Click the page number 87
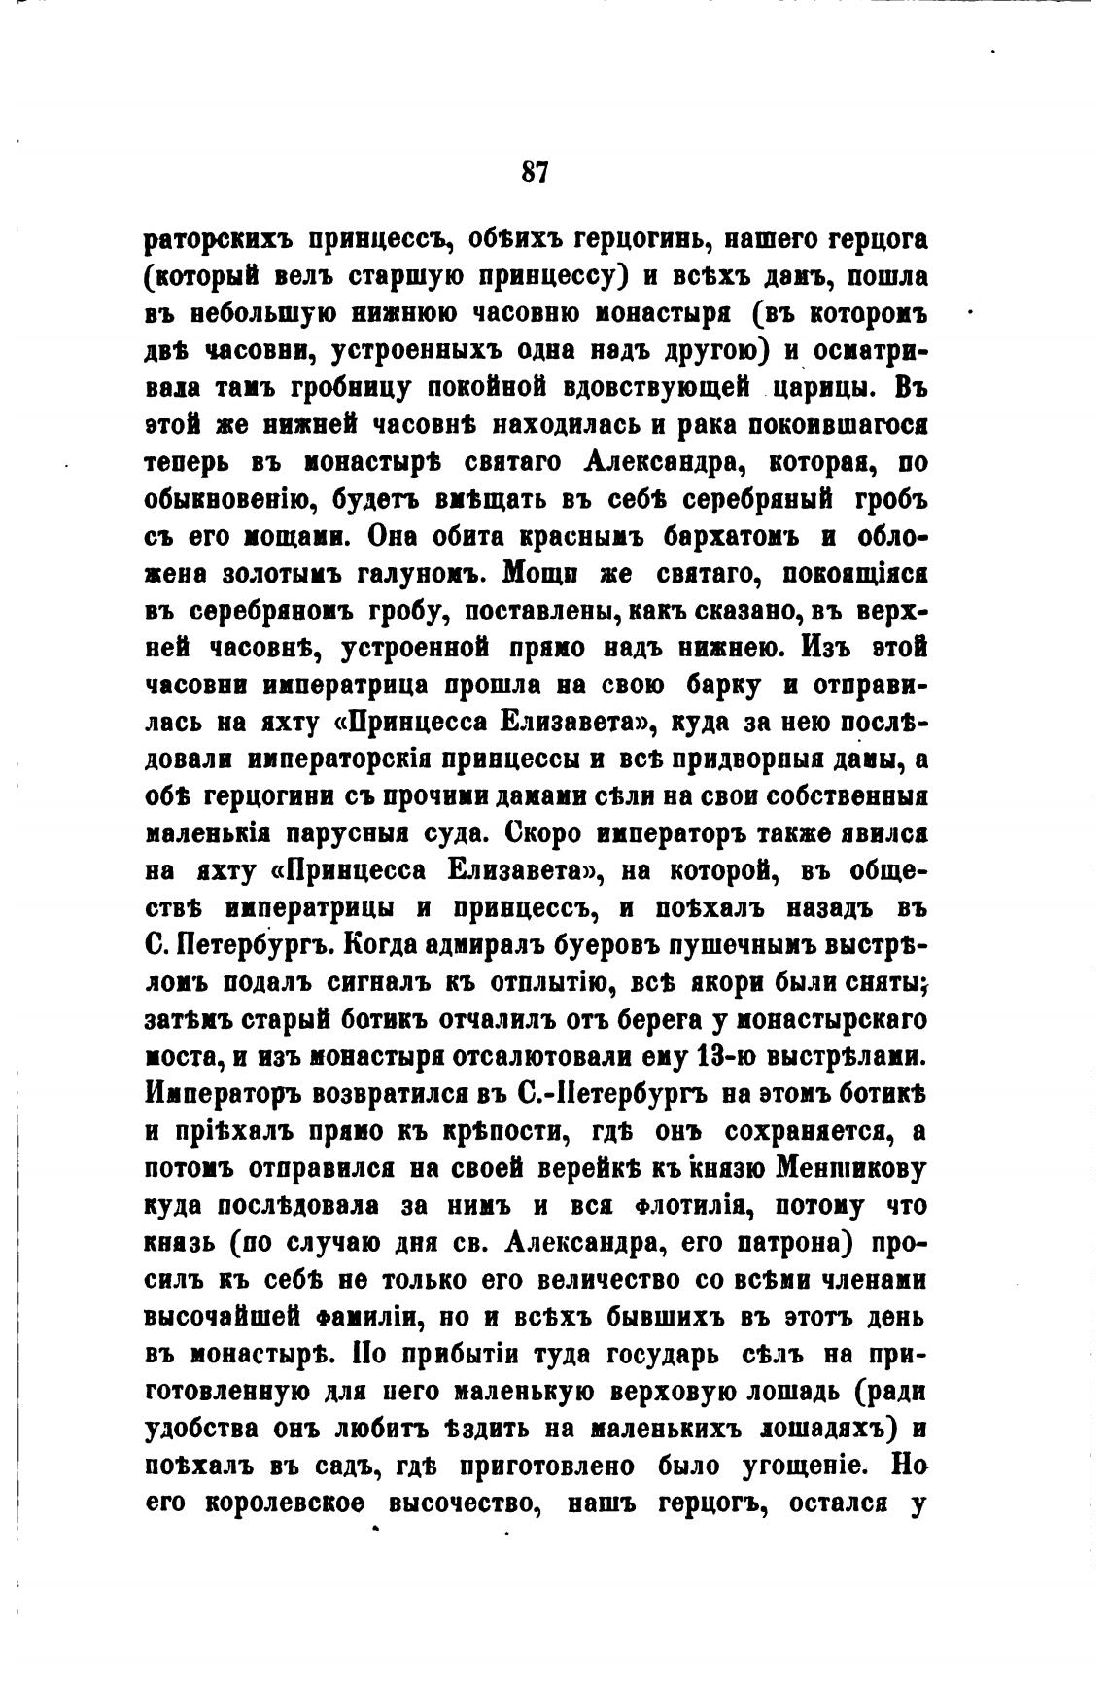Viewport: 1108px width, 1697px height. click(x=536, y=172)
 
